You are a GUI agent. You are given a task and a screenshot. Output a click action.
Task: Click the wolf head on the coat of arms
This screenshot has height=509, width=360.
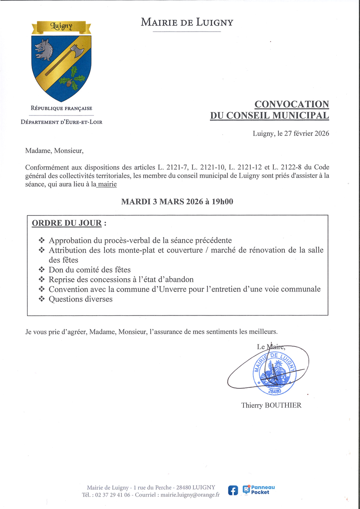43,49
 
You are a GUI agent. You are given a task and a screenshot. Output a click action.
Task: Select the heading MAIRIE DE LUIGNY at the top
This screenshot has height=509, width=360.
187,22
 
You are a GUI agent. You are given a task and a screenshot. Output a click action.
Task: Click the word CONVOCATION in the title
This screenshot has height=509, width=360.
292,104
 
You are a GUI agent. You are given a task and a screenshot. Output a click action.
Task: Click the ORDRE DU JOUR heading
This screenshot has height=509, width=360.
66,223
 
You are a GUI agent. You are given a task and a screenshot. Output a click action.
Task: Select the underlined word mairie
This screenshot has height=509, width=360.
107,184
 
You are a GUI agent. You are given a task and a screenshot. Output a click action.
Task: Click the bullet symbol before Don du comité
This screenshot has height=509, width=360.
42,270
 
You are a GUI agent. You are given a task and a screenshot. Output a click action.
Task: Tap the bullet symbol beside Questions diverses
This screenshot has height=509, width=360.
42,299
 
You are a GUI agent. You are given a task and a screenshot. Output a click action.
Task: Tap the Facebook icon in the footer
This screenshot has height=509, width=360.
233,491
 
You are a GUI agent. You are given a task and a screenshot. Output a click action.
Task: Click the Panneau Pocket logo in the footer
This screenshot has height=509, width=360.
259,490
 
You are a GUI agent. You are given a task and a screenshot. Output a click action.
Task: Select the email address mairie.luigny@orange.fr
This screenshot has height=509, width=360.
190,495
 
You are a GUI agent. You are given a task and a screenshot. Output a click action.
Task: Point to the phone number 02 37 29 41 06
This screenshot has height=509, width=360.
112,495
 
